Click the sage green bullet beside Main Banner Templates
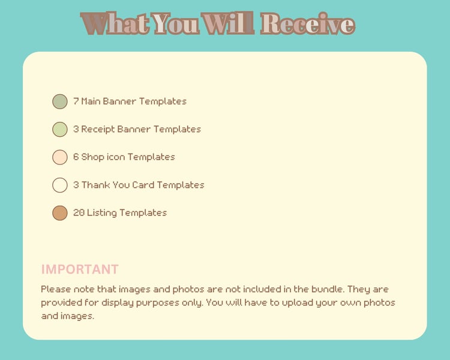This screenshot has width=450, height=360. [x=60, y=101]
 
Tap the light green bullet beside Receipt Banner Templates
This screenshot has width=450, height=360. [x=60, y=129]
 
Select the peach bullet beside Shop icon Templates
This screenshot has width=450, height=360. [x=60, y=157]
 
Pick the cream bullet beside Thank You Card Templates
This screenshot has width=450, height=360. [x=60, y=185]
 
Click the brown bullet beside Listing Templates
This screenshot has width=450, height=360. [x=60, y=213]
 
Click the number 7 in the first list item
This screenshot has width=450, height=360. [x=76, y=101]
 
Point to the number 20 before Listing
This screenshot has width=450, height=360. [x=79, y=213]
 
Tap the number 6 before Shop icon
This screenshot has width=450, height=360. [x=76, y=157]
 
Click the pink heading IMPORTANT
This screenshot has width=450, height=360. [x=80, y=269]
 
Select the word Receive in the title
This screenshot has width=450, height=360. [x=308, y=23]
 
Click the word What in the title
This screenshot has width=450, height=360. [x=115, y=23]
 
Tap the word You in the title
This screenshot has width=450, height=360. [x=176, y=23]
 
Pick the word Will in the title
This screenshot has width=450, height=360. [x=227, y=23]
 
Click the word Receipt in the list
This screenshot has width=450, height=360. [x=98, y=130]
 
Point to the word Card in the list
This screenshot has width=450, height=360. [x=143, y=185]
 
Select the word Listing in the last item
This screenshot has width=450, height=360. [x=102, y=213]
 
